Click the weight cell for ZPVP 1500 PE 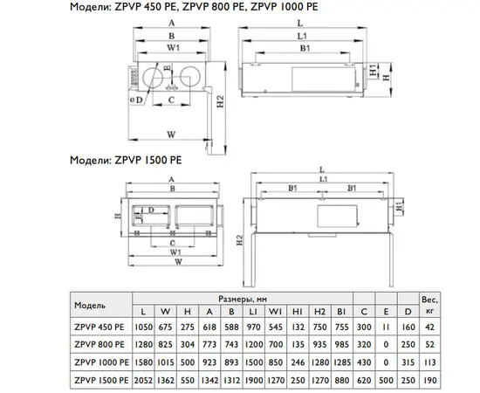click(x=429, y=380)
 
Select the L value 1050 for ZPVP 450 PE click(x=144, y=327)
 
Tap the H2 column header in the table click(x=319, y=312)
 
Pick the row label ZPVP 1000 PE click(x=101, y=362)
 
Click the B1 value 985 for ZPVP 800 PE click(x=341, y=345)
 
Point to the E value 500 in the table click(x=386, y=380)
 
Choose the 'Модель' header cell click(x=90, y=306)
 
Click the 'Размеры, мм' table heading click(x=243, y=299)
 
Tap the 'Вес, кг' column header click(x=429, y=305)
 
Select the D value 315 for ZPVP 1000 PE click(x=408, y=362)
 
